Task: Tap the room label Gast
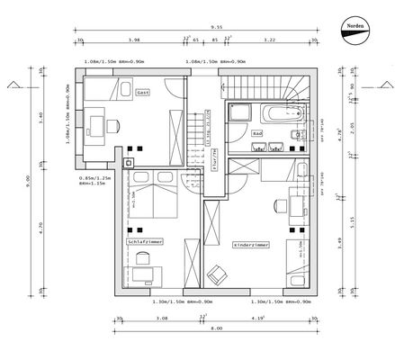[x=142, y=93]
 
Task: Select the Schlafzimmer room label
[x=145, y=242]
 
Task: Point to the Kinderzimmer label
[x=251, y=244]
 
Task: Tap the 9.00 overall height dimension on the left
[x=28, y=179]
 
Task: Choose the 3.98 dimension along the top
[x=134, y=40]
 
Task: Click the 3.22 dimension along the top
[x=269, y=40]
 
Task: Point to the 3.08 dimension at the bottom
[x=162, y=318]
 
